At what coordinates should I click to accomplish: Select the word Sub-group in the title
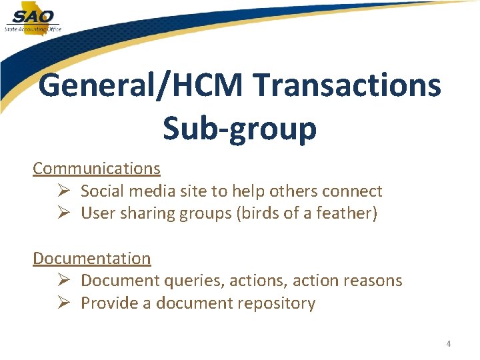(239, 128)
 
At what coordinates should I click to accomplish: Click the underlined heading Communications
(97, 169)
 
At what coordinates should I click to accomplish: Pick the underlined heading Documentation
(92, 258)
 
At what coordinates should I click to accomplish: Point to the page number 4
(448, 344)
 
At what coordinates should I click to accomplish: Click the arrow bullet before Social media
(64, 191)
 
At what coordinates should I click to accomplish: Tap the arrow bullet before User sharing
(64, 213)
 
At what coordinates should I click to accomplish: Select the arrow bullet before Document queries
(64, 281)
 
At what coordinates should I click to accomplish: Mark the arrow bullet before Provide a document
(64, 303)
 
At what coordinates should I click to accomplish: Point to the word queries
(197, 281)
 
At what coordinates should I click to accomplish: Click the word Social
(102, 191)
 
